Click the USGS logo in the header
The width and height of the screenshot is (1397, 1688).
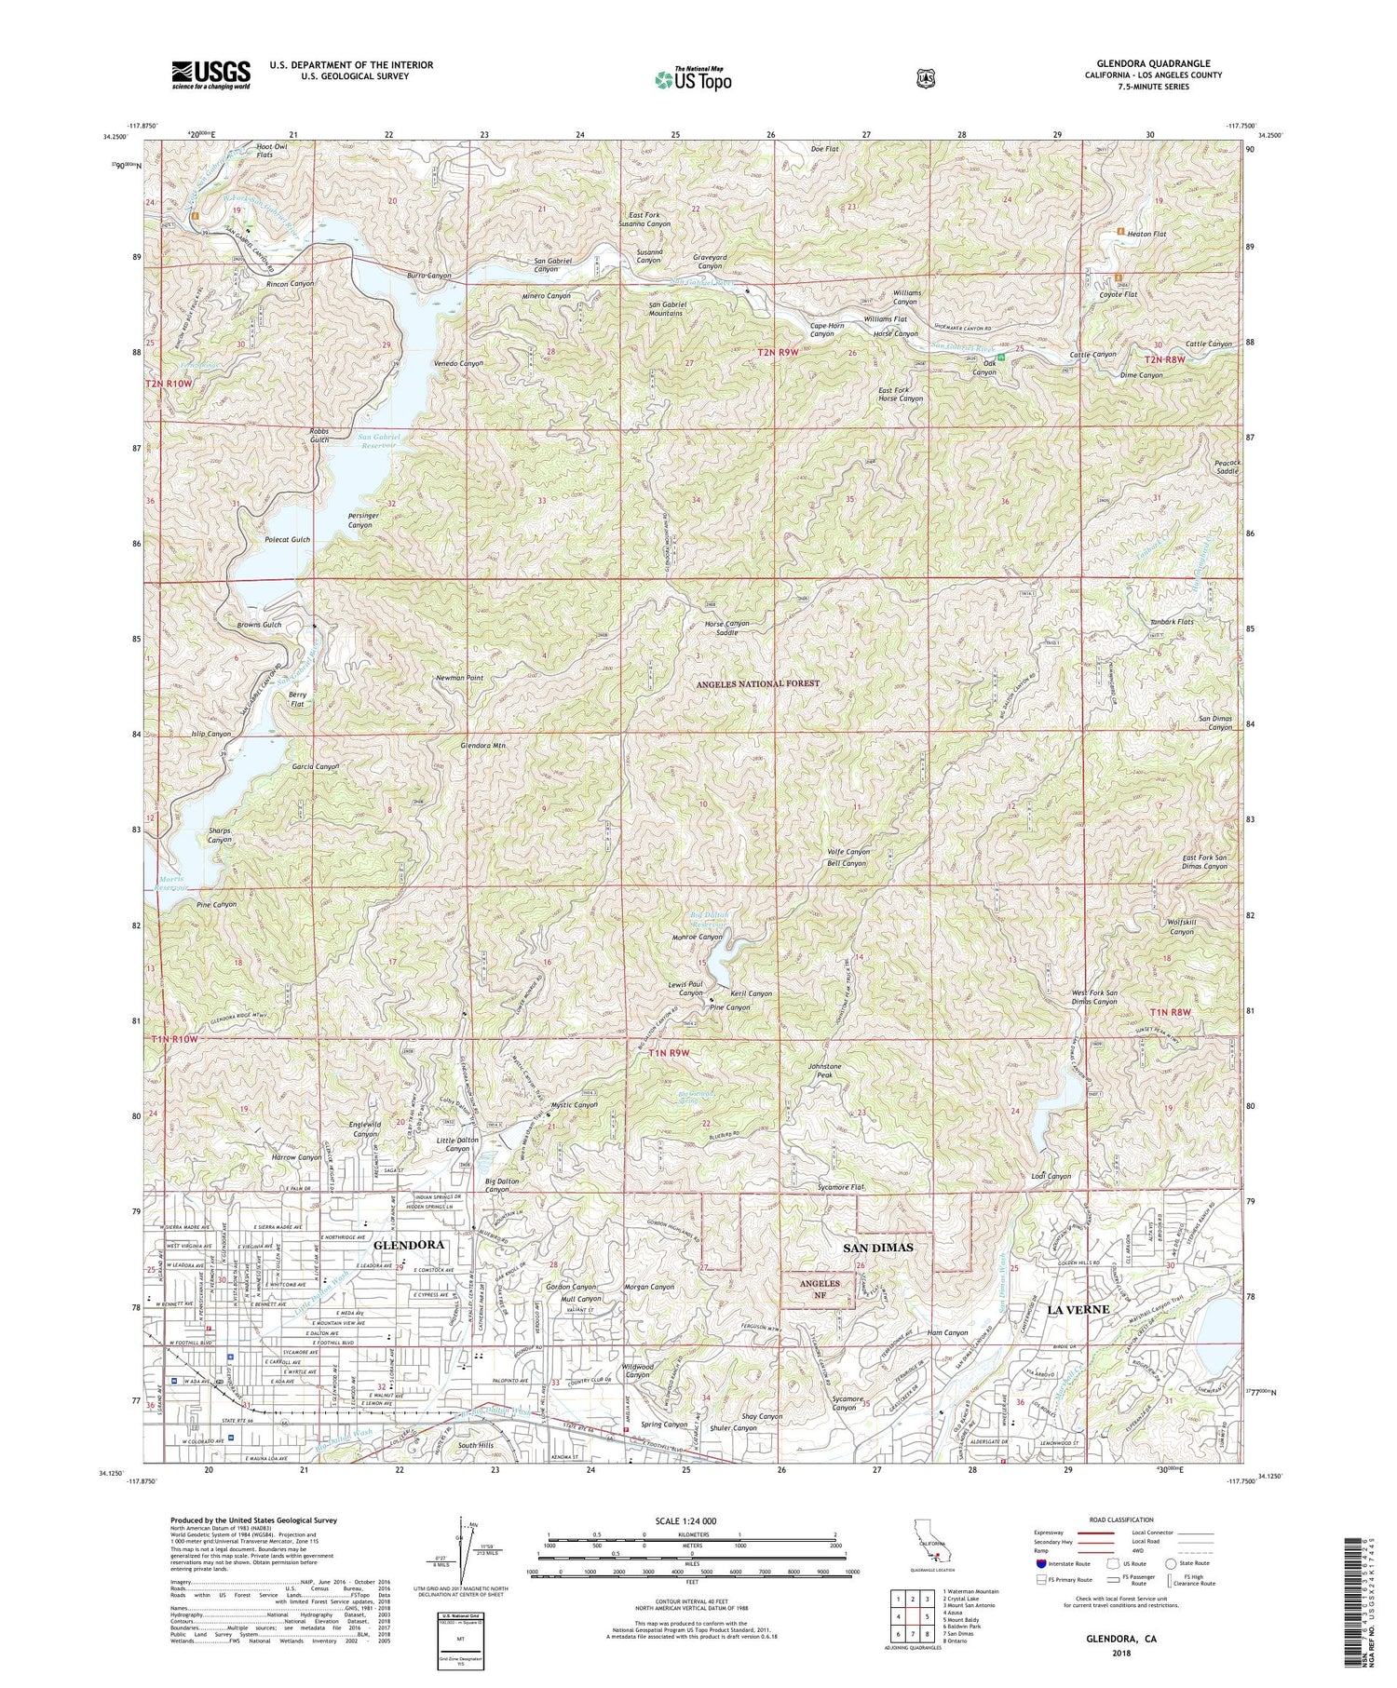pyautogui.click(x=210, y=74)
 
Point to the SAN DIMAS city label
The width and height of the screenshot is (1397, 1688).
pyautogui.click(x=878, y=1247)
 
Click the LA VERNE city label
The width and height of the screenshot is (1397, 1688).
pyautogui.click(x=1078, y=1309)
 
